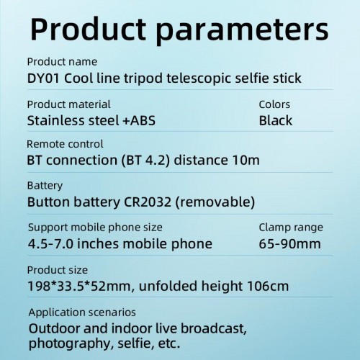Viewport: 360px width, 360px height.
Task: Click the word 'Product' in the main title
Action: (x=91, y=30)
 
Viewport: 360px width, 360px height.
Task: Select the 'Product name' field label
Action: (x=62, y=62)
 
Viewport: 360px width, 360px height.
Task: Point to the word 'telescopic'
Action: (x=192, y=78)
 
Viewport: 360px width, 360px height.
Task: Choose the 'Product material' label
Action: (x=69, y=104)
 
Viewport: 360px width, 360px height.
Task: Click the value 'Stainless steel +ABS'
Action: (x=91, y=120)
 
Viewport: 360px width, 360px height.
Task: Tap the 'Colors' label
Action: (x=274, y=104)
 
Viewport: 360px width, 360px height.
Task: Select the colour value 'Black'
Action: (x=276, y=120)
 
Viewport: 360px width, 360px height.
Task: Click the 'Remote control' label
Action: (x=65, y=144)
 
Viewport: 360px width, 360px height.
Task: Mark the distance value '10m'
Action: (x=245, y=160)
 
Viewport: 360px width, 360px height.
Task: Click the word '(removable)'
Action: (x=219, y=202)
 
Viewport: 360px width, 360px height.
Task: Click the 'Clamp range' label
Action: (x=291, y=228)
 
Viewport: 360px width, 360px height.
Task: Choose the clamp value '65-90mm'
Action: (x=289, y=243)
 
